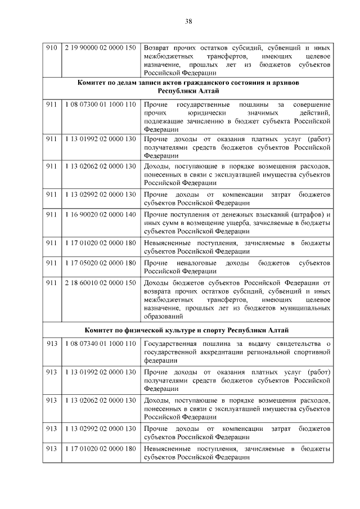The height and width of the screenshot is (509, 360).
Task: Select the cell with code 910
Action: tap(51, 48)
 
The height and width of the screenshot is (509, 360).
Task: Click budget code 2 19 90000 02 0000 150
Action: tap(100, 48)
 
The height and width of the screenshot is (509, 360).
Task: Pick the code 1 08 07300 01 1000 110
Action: tap(100, 105)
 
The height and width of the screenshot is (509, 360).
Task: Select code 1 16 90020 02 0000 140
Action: tap(100, 215)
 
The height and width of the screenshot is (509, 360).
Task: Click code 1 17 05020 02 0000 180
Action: tap(100, 263)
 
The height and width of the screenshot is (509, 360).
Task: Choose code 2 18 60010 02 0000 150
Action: tap(100, 282)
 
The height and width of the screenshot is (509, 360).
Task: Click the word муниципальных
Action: tap(307, 308)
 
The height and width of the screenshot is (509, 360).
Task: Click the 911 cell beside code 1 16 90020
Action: tap(51, 215)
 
